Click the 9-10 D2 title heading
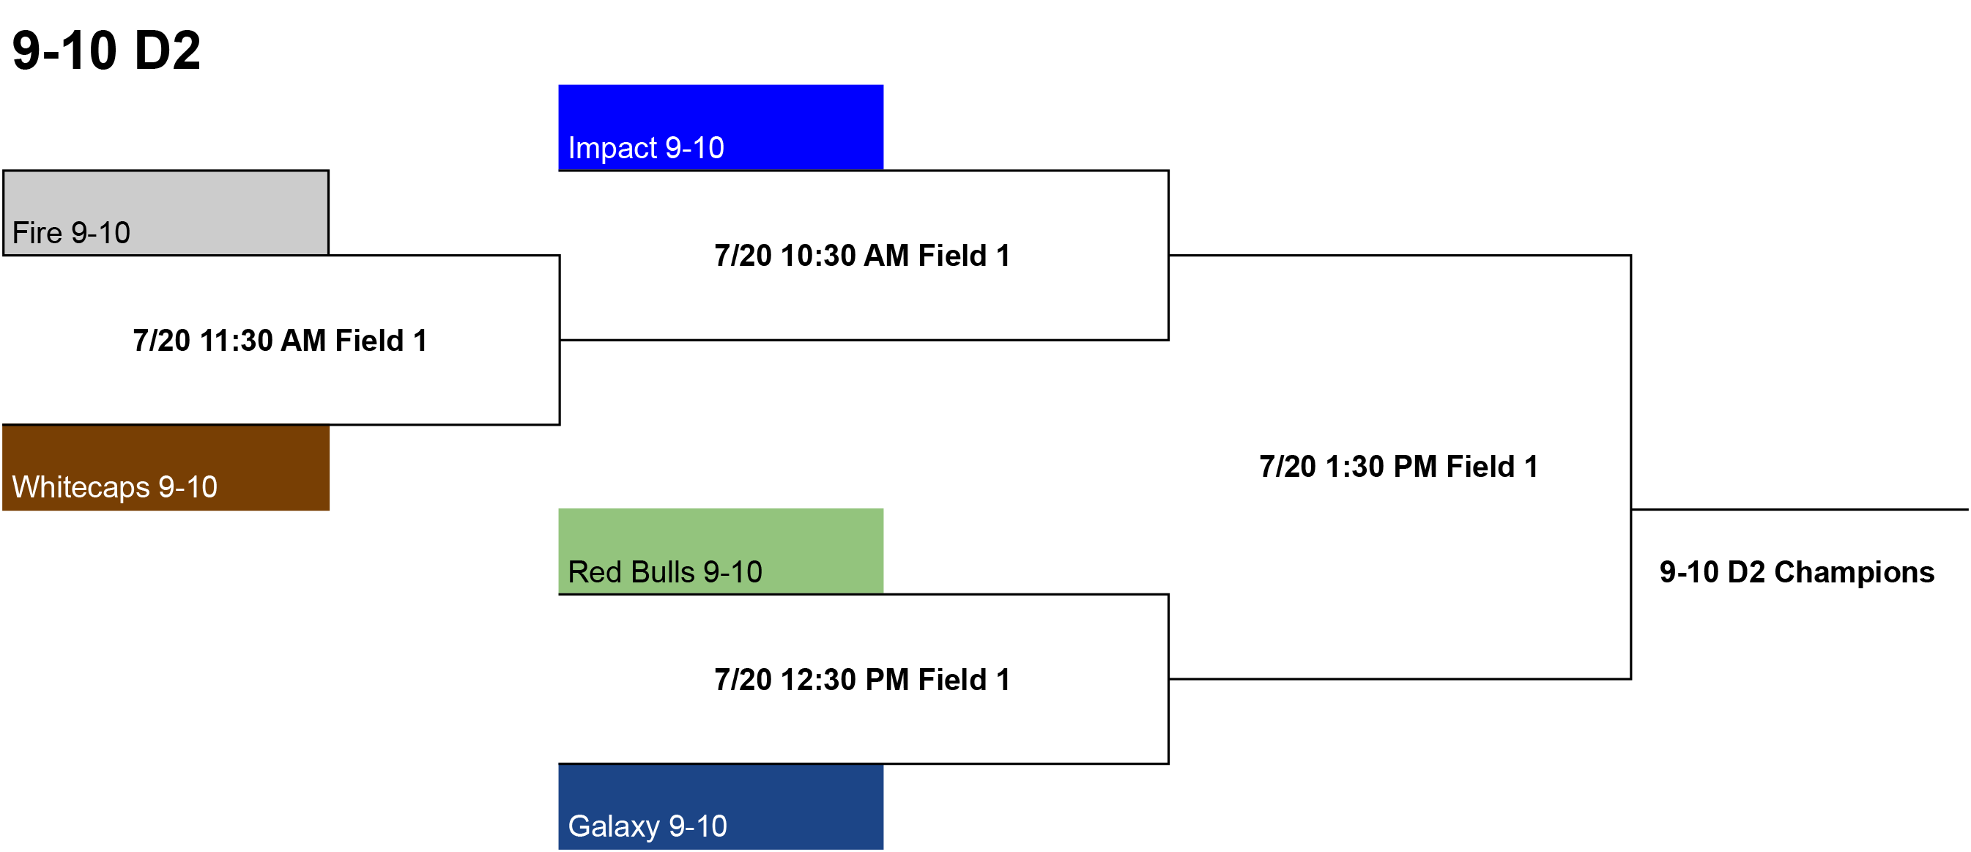(x=106, y=51)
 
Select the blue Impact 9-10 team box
(x=721, y=127)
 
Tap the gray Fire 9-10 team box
(x=166, y=212)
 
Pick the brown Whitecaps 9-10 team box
(x=166, y=467)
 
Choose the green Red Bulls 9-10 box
(x=721, y=551)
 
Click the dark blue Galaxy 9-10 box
(x=721, y=807)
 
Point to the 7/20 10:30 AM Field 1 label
(x=862, y=256)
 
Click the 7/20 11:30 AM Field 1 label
(x=280, y=341)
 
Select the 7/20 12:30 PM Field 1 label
(x=862, y=680)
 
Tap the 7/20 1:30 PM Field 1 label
(x=1399, y=467)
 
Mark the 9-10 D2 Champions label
(x=1797, y=573)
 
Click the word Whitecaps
(x=81, y=488)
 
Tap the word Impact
(x=612, y=149)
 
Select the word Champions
(x=1854, y=573)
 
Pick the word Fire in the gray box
(x=37, y=234)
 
